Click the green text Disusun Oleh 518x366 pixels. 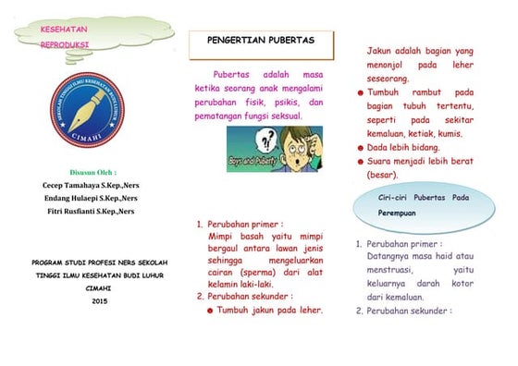(89, 172)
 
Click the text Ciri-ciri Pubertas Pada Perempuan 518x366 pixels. (425, 205)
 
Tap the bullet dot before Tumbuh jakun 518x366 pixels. (210, 311)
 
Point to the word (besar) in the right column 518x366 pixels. (382, 174)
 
